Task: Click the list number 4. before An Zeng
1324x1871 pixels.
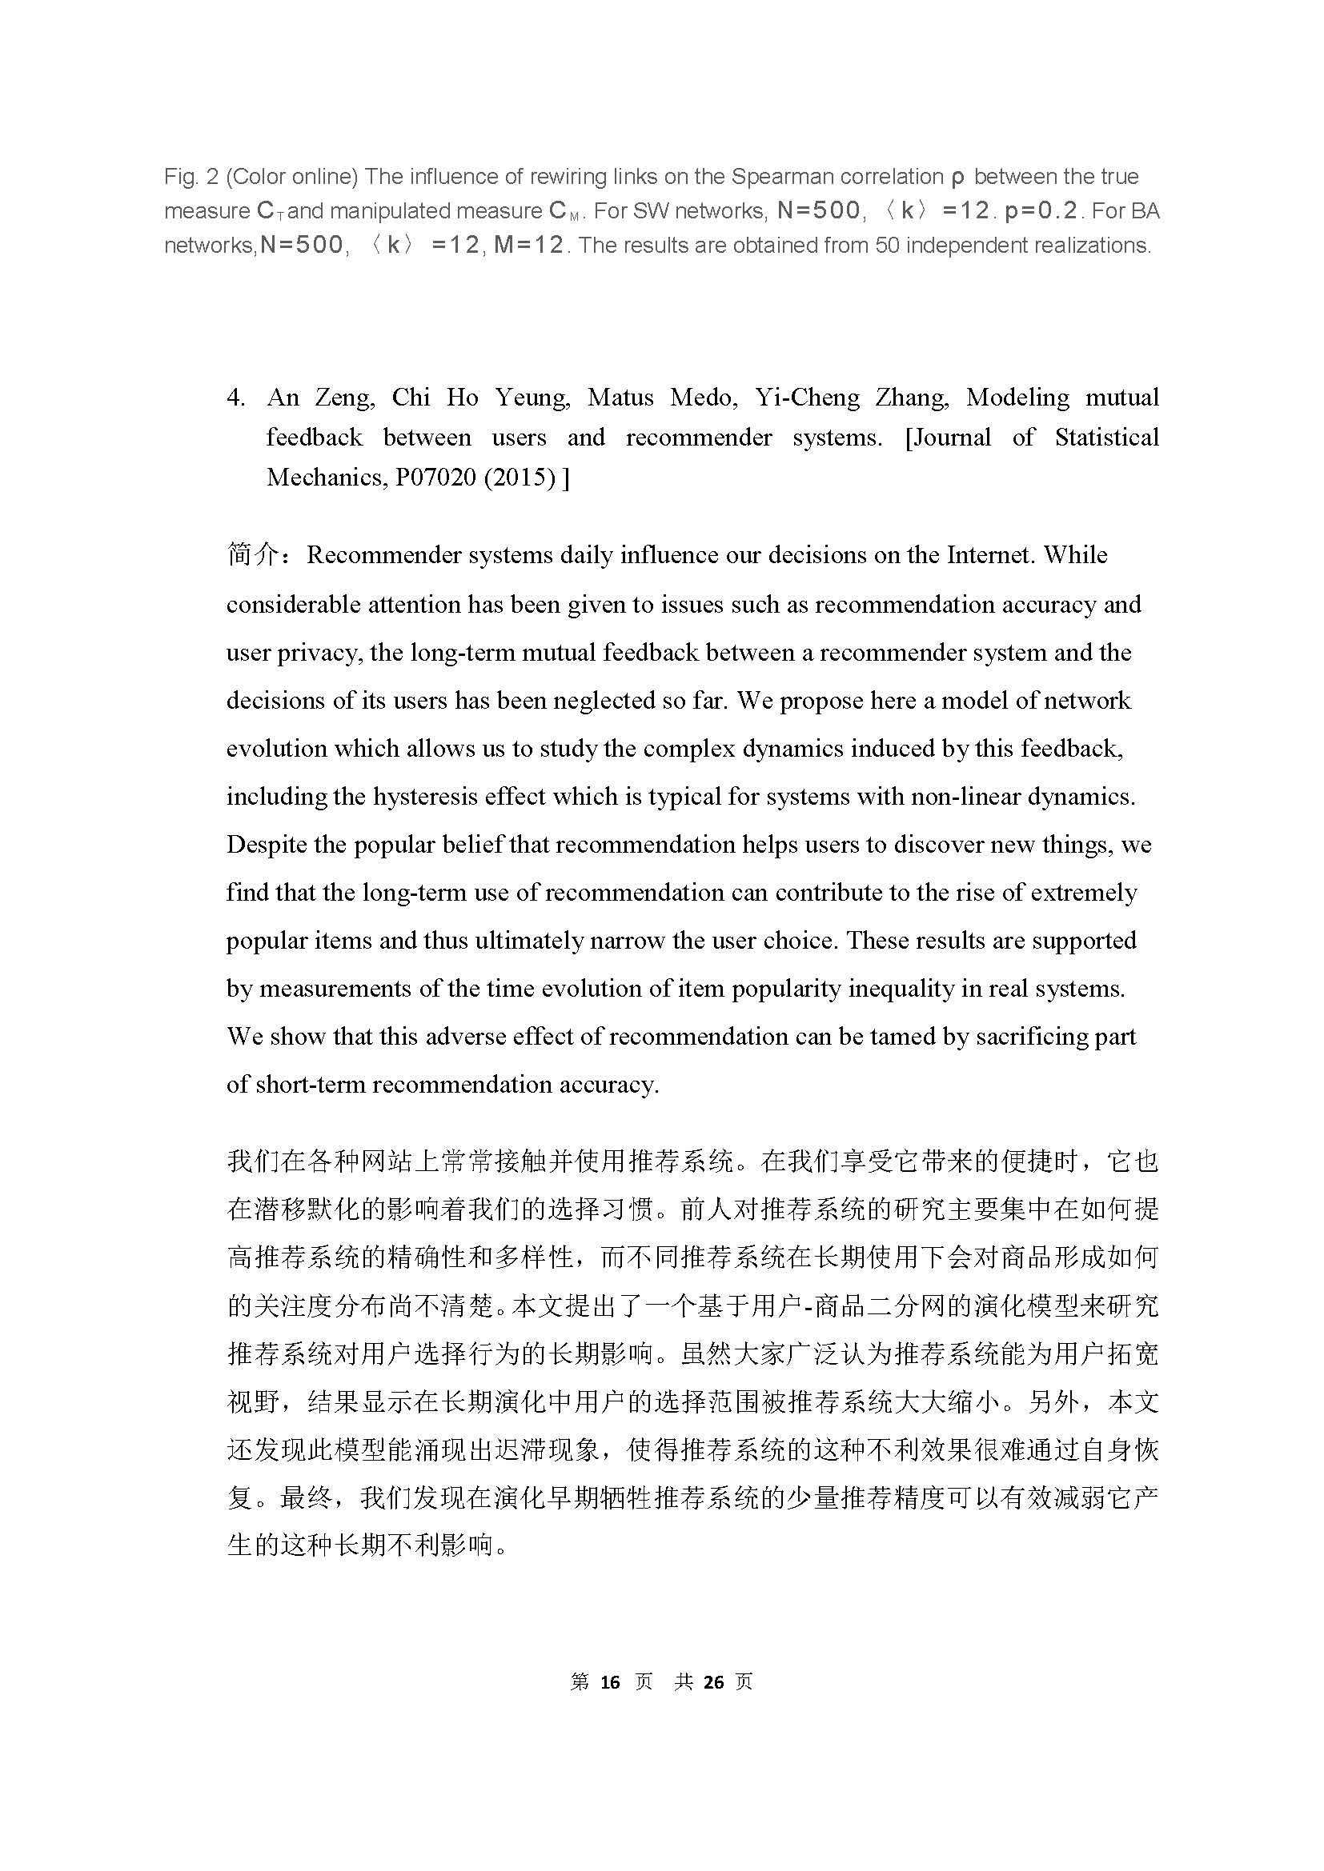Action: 235,398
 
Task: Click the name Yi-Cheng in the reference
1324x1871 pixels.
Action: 806,398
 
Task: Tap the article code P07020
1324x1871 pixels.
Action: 435,478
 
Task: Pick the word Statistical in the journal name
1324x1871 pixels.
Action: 1106,438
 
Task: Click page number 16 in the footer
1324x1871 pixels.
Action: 609,1682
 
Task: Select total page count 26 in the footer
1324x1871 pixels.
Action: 713,1682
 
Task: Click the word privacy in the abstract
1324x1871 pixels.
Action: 319,652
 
